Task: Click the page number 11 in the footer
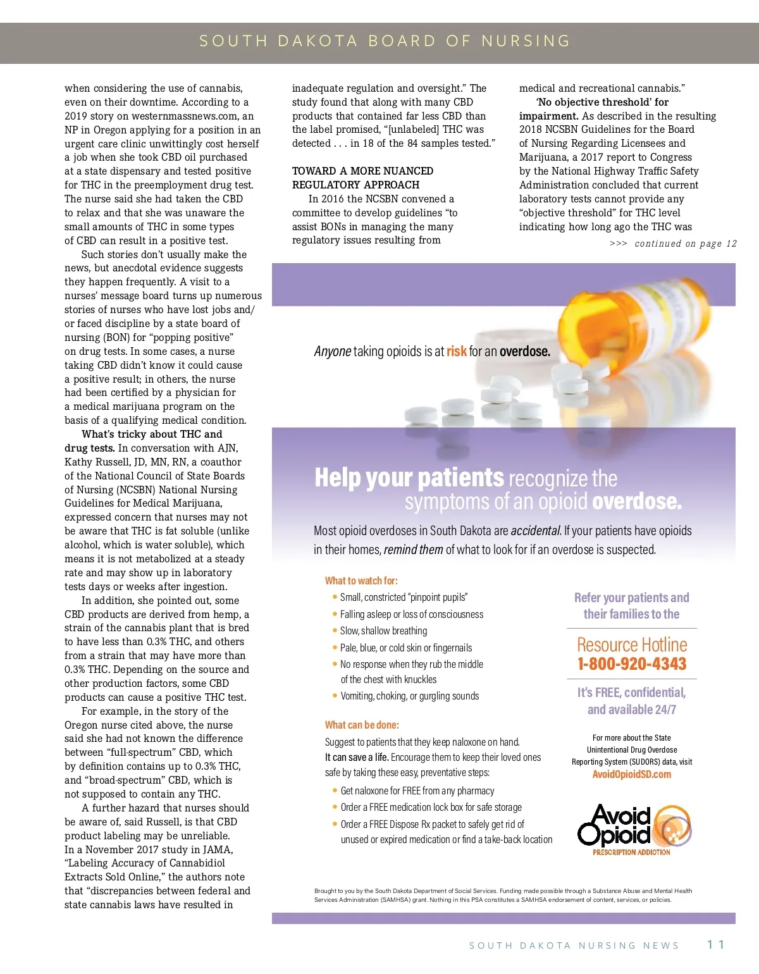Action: [x=715, y=944]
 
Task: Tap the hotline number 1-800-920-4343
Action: [x=631, y=663]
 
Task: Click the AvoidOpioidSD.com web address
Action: [x=631, y=774]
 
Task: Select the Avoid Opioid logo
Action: [x=632, y=829]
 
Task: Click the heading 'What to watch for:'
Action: [x=361, y=581]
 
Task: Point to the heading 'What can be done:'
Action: [x=362, y=725]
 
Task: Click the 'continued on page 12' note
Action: [x=673, y=244]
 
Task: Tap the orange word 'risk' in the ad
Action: [x=457, y=351]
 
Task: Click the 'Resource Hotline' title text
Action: [x=631, y=644]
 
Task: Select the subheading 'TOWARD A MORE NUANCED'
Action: [x=362, y=171]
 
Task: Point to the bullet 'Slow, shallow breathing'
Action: [x=383, y=631]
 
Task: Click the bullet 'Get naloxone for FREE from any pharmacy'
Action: [x=417, y=791]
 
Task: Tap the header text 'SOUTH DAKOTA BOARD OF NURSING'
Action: [x=385, y=41]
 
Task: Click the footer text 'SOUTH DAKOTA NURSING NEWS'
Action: [x=574, y=946]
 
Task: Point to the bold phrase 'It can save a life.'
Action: [x=357, y=757]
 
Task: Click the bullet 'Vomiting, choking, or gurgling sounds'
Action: [x=409, y=696]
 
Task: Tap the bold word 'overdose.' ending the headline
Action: [x=637, y=502]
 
